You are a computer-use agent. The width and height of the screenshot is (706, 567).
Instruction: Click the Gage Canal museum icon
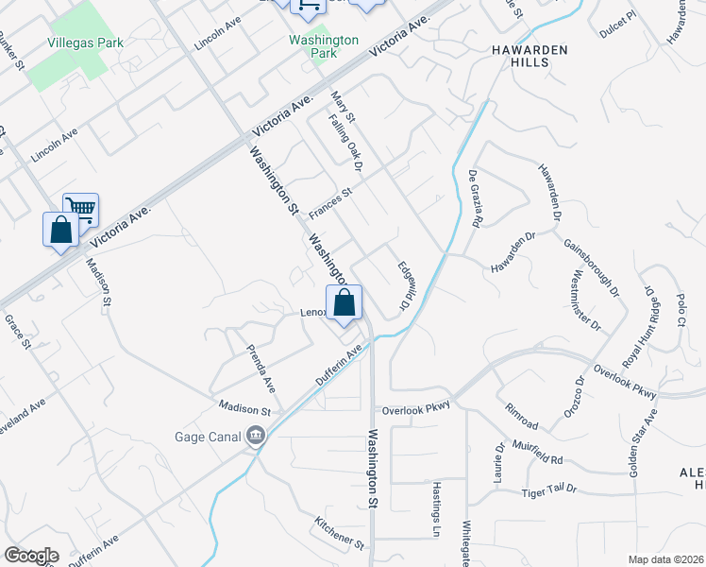tap(255, 436)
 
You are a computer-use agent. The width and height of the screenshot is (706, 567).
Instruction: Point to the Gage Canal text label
tap(207, 437)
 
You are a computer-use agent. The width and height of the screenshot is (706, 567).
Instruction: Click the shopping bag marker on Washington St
tap(345, 302)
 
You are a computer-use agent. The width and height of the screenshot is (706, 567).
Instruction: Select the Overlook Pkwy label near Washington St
tap(416, 410)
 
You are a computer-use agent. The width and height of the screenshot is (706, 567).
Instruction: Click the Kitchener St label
tap(340, 534)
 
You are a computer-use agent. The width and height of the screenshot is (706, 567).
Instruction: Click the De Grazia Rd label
tap(476, 198)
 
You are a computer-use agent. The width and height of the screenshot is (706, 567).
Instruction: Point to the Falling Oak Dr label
tap(345, 144)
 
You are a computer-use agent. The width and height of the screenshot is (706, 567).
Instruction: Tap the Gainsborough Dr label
tap(591, 264)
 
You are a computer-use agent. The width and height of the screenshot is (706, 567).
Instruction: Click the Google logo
tap(32, 556)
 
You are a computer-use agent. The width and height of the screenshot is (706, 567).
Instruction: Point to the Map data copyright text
tap(666, 559)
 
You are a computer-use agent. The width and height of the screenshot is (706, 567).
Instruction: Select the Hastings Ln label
tap(436, 495)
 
